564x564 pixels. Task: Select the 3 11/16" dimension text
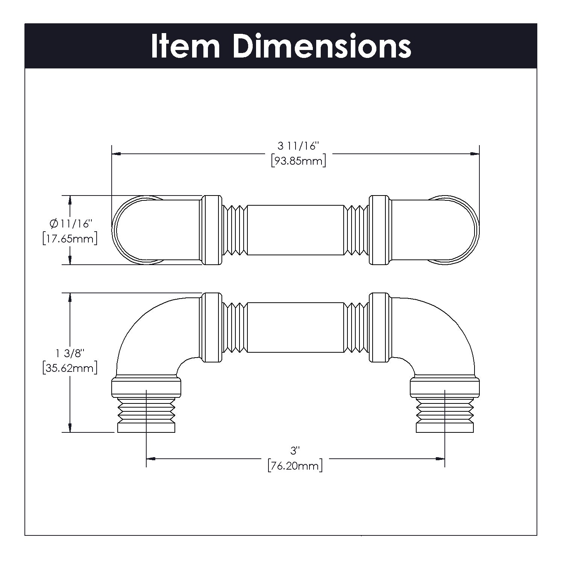pyautogui.click(x=298, y=146)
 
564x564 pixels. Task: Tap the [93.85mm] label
pyautogui.click(x=298, y=161)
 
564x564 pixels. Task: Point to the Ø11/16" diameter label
pyautogui.click(x=71, y=224)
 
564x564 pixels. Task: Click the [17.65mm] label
pyautogui.click(x=70, y=239)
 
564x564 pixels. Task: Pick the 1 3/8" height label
pyautogui.click(x=70, y=353)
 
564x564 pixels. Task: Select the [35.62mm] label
pyautogui.click(x=70, y=368)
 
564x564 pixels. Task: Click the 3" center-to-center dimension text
pyautogui.click(x=295, y=450)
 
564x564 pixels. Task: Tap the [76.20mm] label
pyautogui.click(x=295, y=466)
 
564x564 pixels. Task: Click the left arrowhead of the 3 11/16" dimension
pyautogui.click(x=116, y=153)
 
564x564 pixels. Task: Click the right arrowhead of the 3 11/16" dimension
pyautogui.click(x=475, y=153)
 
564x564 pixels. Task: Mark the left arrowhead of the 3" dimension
pyautogui.click(x=151, y=458)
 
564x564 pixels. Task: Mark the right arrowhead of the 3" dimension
pyautogui.click(x=440, y=458)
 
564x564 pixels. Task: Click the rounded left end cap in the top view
pyautogui.click(x=128, y=230)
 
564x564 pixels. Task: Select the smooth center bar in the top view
pyautogui.click(x=295, y=230)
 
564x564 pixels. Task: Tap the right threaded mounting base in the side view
pyautogui.click(x=444, y=410)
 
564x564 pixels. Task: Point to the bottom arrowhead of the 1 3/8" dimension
pyautogui.click(x=70, y=428)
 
